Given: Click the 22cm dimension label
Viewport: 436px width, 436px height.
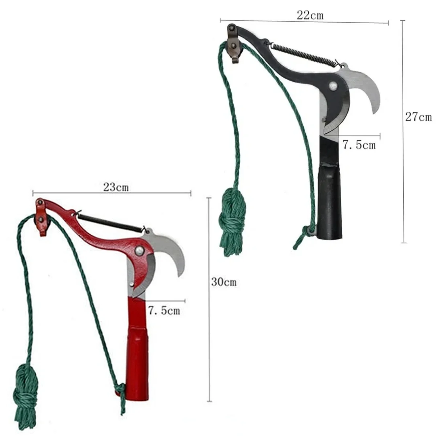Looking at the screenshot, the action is coord(310,15).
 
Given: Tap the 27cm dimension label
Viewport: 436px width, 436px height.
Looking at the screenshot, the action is coord(418,117).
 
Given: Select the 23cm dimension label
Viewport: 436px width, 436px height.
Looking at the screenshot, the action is coord(116,187).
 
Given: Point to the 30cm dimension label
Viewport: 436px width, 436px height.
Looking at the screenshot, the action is coord(224,282).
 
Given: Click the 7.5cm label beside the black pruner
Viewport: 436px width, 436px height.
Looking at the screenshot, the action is coord(359,145).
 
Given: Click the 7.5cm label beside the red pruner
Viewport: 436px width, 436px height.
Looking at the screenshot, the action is coord(164,310).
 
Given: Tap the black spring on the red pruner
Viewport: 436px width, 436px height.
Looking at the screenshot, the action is coord(111,223).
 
